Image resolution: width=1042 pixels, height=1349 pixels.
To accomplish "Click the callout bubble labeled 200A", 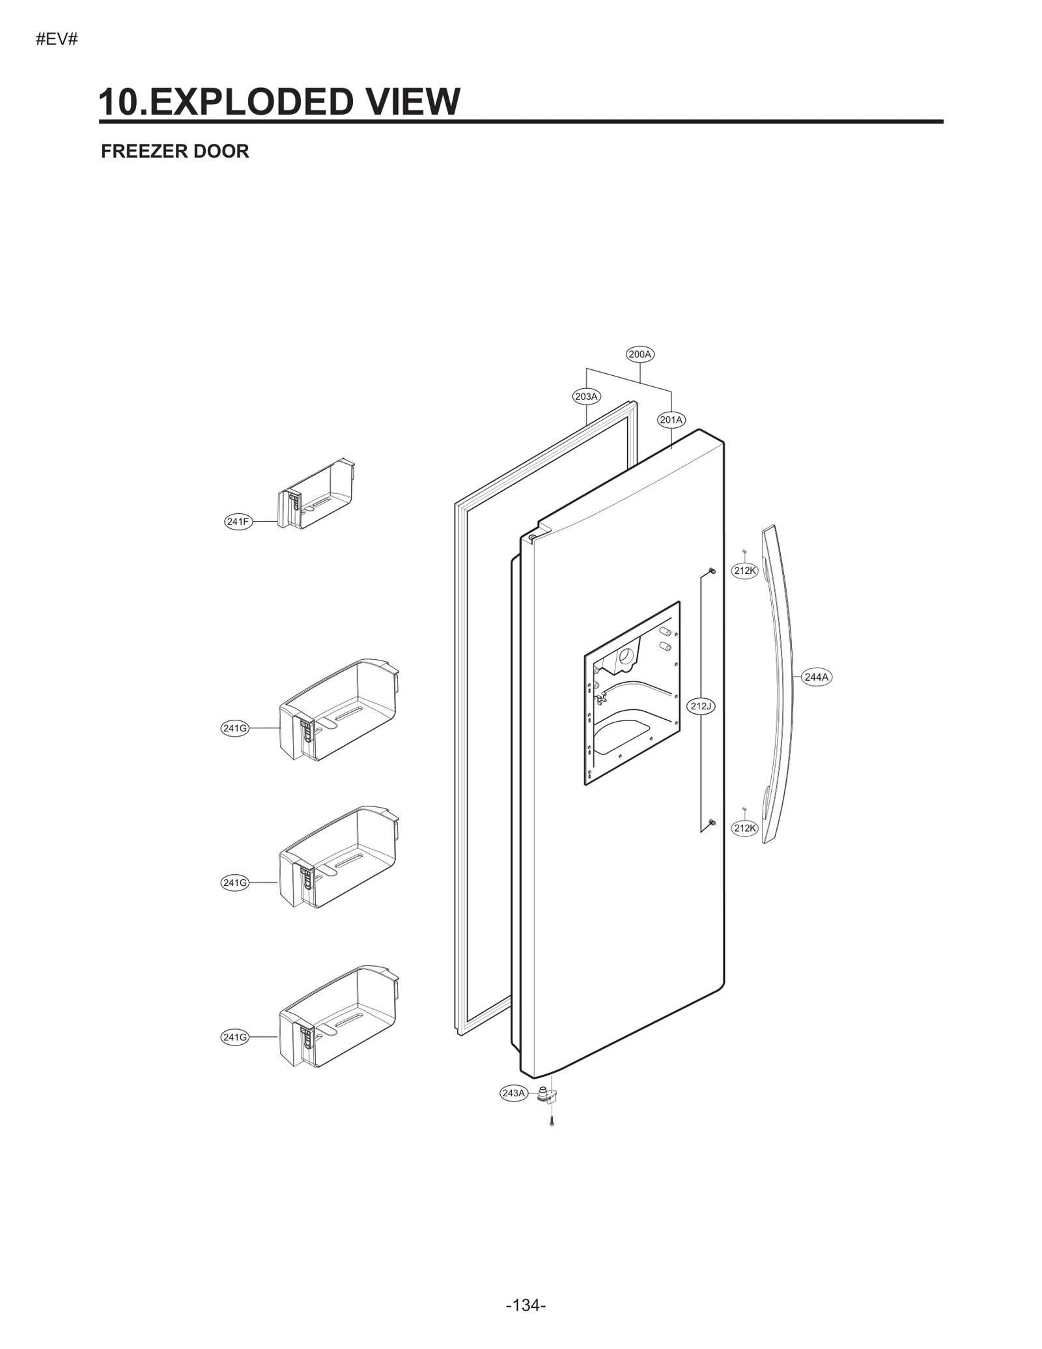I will tap(640, 354).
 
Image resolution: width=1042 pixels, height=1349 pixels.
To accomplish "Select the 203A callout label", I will tap(587, 396).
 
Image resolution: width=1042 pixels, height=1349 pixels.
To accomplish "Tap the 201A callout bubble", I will tap(671, 420).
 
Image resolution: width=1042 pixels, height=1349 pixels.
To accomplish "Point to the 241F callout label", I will tap(238, 521).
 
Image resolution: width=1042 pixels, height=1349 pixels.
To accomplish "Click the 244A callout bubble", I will tap(816, 677).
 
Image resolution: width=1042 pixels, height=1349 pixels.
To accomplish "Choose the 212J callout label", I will tap(701, 706).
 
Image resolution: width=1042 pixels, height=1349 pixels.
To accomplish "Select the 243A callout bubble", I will tap(513, 1093).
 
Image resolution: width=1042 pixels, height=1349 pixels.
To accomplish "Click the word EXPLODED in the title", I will tap(247, 102).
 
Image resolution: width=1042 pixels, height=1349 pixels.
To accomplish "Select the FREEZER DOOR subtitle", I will tap(175, 151).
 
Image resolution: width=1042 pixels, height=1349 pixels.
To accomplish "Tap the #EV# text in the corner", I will tap(57, 39).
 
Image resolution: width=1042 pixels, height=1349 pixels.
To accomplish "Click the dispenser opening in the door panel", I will tap(632, 694).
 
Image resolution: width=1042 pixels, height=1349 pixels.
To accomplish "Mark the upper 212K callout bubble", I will tap(745, 571).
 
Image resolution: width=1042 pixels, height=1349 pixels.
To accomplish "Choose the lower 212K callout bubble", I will tap(745, 829).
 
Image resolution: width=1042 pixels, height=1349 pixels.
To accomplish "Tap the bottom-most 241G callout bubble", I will tap(235, 1038).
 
